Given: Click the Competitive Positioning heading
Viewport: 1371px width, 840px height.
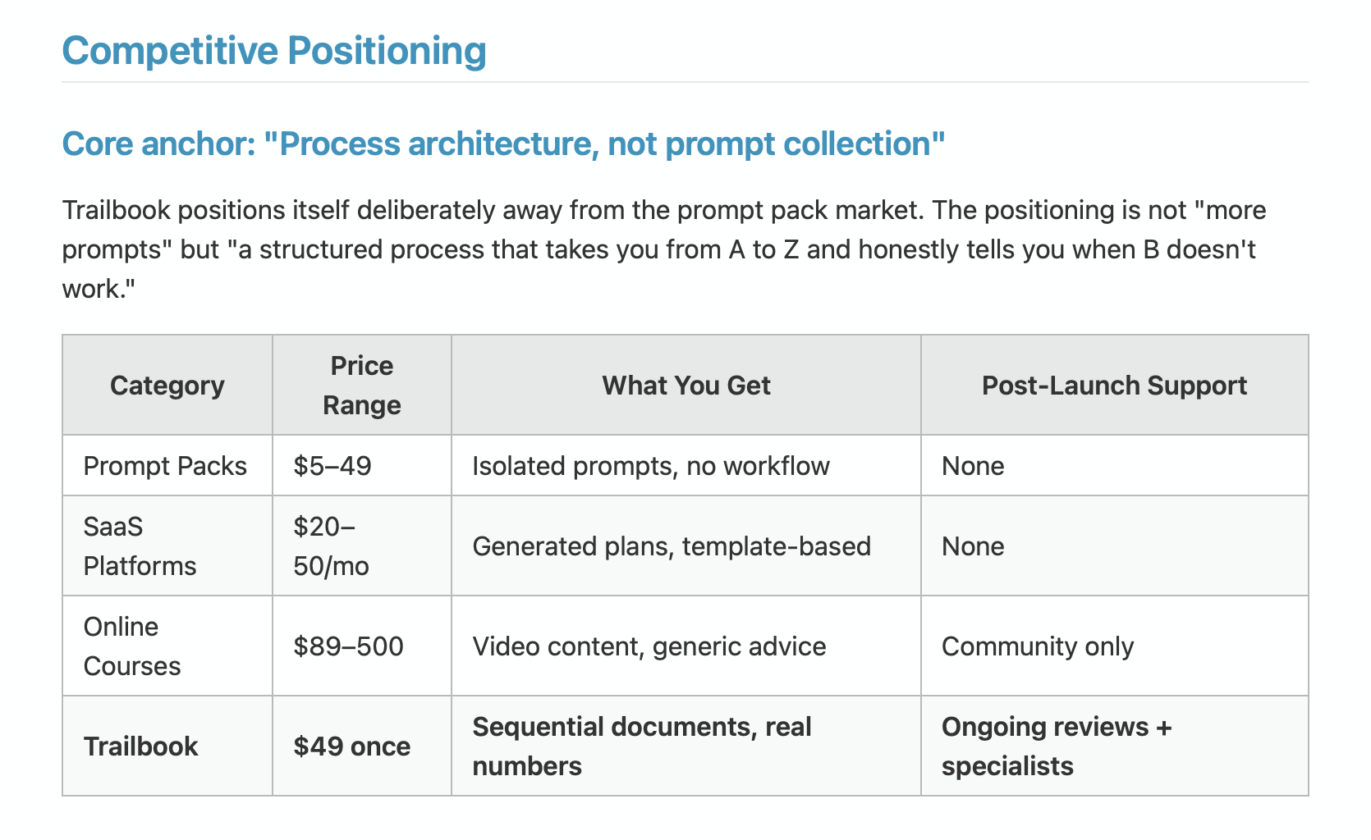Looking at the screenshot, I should (274, 51).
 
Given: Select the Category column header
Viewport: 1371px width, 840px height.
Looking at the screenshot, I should (167, 386).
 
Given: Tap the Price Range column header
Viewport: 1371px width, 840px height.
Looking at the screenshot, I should (361, 386).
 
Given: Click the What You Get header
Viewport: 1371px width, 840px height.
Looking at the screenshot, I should (686, 386).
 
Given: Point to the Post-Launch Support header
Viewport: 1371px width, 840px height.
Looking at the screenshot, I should (1114, 386).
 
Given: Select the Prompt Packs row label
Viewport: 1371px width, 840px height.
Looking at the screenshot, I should (165, 466).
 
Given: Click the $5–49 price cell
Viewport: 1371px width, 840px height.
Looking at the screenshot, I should (332, 466).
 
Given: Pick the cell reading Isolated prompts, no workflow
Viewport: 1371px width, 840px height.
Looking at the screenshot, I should (651, 466).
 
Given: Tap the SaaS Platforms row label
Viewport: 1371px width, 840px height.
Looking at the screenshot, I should (140, 546).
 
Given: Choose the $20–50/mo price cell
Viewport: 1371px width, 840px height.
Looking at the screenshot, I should (332, 546).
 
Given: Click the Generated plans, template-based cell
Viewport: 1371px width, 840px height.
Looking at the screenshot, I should (672, 546).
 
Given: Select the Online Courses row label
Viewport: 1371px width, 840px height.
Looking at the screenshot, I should (131, 646).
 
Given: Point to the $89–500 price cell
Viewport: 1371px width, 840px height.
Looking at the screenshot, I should (348, 646).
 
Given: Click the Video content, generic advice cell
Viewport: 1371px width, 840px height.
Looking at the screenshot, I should (649, 646).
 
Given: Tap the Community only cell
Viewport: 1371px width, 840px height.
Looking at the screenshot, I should (1038, 646).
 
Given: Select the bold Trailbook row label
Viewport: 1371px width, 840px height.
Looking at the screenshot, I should (141, 746).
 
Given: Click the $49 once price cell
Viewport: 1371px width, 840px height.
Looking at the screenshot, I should (352, 746).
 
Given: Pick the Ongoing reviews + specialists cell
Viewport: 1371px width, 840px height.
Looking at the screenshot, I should (1057, 746).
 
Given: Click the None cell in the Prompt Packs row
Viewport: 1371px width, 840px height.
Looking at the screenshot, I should (973, 466).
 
